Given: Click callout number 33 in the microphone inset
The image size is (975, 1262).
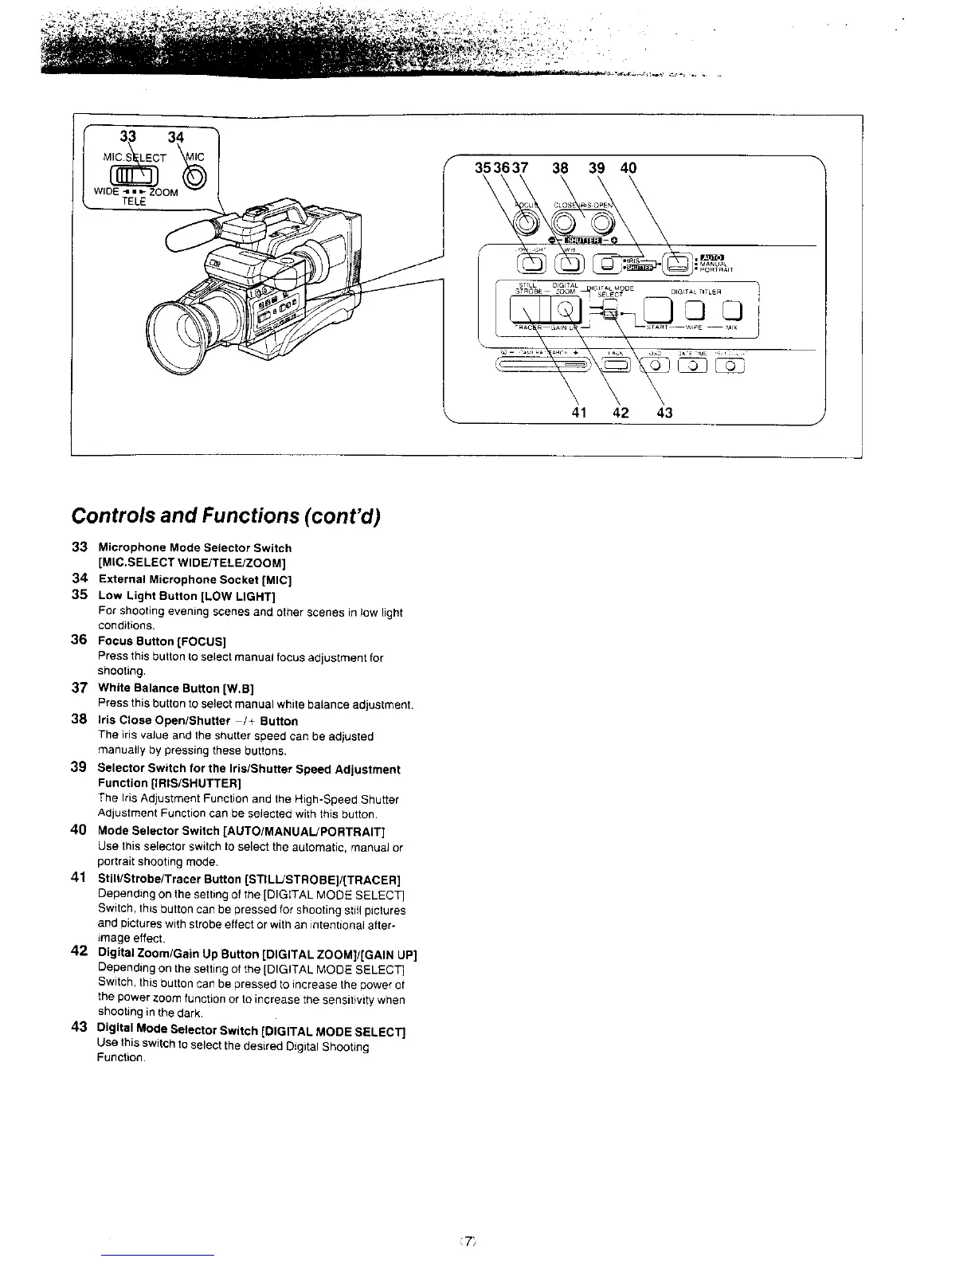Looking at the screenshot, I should tap(123, 135).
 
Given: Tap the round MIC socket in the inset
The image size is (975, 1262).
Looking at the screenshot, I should tap(197, 177).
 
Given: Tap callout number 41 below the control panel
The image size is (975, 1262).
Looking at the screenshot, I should tap(581, 413).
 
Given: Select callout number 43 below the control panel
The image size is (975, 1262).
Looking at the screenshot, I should tap(664, 413).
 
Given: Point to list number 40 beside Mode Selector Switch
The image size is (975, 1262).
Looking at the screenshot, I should tap(78, 830).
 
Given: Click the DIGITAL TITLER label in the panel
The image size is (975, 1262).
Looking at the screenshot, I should tap(695, 292).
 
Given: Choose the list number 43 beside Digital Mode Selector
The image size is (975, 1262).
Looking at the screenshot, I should tap(78, 1029).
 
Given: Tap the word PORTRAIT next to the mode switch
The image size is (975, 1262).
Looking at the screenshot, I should tap(714, 270).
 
